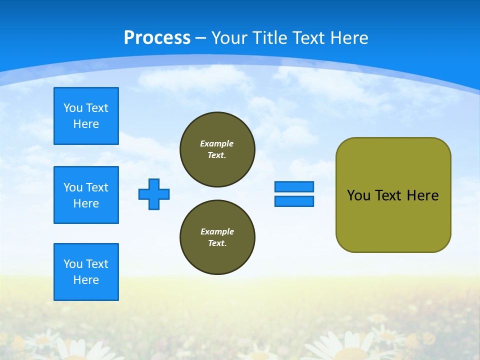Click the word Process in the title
[157, 38]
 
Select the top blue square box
[86, 116]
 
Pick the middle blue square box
[86, 195]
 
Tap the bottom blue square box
[86, 272]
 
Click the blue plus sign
[154, 194]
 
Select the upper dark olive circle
[217, 149]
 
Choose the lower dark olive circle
[217, 237]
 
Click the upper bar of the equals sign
[294, 186]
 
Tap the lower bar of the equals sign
[294, 201]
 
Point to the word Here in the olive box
[422, 195]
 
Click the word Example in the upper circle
[217, 143]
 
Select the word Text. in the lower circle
[217, 243]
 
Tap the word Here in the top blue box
[86, 124]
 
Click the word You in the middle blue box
[72, 187]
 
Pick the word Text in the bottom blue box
[96, 264]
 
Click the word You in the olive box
[358, 195]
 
